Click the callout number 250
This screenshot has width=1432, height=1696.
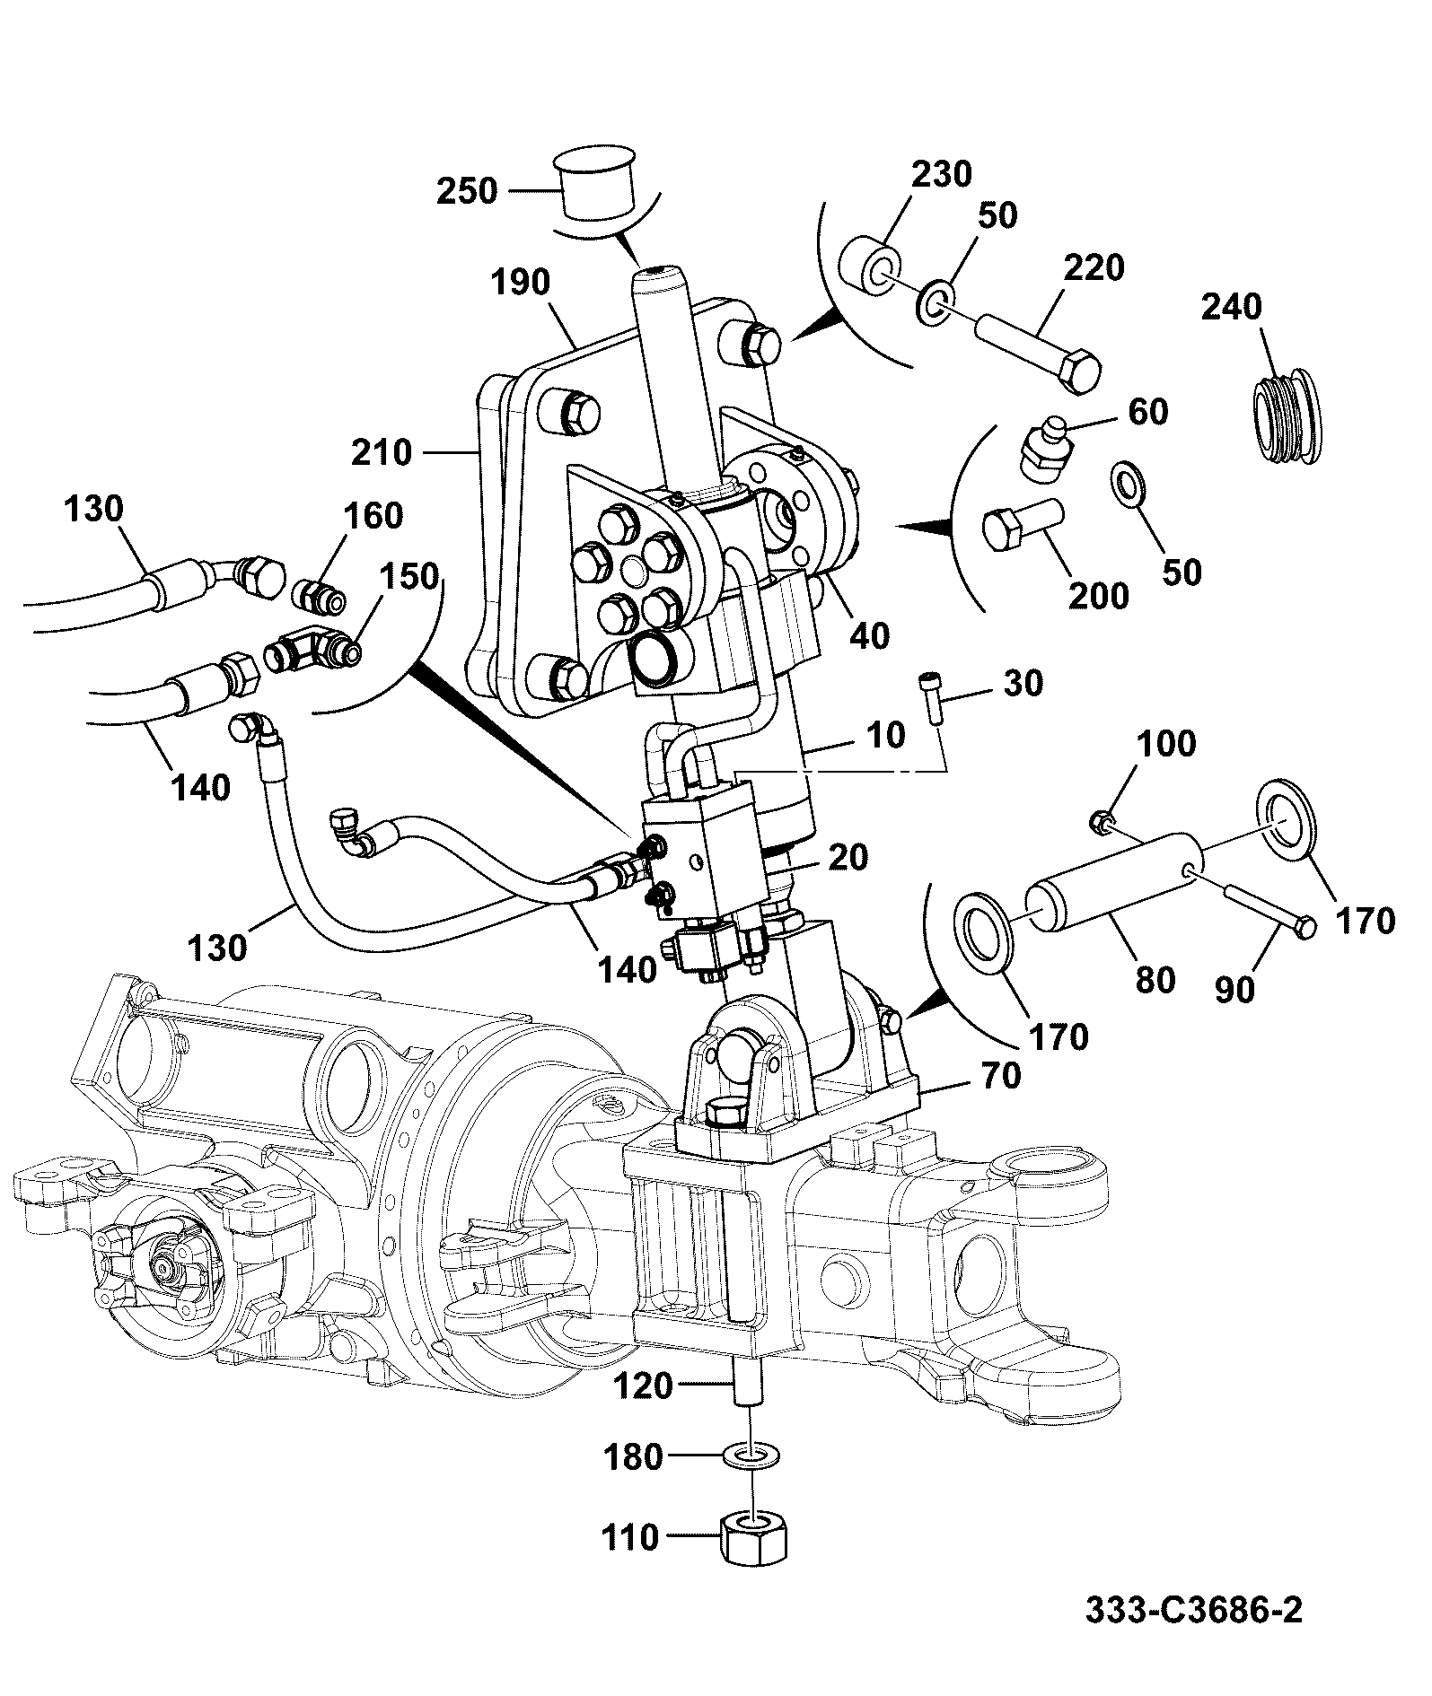[x=467, y=191]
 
